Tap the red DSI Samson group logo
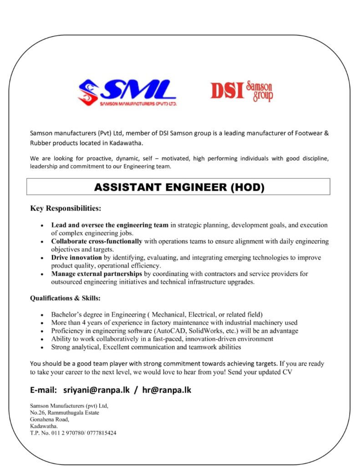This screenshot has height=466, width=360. coord(241,90)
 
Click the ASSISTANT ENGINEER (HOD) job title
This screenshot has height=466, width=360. coord(178,187)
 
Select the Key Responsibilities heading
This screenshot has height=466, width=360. coord(66,209)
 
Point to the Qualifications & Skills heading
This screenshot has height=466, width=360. coord(65,299)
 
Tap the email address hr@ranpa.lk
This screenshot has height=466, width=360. coord(167,390)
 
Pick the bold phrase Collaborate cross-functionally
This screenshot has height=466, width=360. coord(96,241)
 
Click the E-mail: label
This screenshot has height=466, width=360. coord(44,390)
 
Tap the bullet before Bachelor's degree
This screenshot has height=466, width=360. coord(42,315)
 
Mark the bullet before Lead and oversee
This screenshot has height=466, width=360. coord(42,225)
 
